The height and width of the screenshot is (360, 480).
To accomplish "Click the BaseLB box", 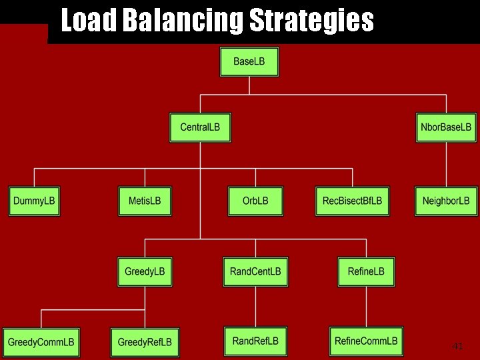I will click(x=249, y=62).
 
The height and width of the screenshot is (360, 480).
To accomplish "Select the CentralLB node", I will click(x=200, y=127).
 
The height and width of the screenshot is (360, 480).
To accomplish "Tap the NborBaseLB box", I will click(x=446, y=127).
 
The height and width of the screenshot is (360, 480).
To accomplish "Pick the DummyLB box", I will click(x=35, y=201).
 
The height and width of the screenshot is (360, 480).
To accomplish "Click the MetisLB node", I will click(x=145, y=201).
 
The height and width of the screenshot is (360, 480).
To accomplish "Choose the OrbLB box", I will click(x=255, y=201).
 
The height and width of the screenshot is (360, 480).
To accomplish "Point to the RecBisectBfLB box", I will click(x=352, y=201).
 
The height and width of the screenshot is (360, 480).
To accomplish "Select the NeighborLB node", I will click(x=446, y=201).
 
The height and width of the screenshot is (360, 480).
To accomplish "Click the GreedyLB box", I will click(x=145, y=272).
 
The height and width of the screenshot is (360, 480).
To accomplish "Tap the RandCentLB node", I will click(x=255, y=272).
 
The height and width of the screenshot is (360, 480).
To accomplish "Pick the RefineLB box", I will click(x=366, y=272).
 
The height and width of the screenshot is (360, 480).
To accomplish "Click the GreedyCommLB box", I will click(x=41, y=342).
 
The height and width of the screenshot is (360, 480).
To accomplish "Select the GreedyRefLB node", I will click(x=145, y=342).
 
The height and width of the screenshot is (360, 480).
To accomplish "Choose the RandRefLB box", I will click(x=255, y=341).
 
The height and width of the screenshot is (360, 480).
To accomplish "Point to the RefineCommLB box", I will click(x=366, y=341).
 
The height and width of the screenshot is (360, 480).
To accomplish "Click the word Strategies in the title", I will click(x=311, y=21).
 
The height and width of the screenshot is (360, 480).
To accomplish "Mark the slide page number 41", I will click(x=457, y=346).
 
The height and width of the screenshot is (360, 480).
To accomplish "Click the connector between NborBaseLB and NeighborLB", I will click(x=446, y=164).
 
